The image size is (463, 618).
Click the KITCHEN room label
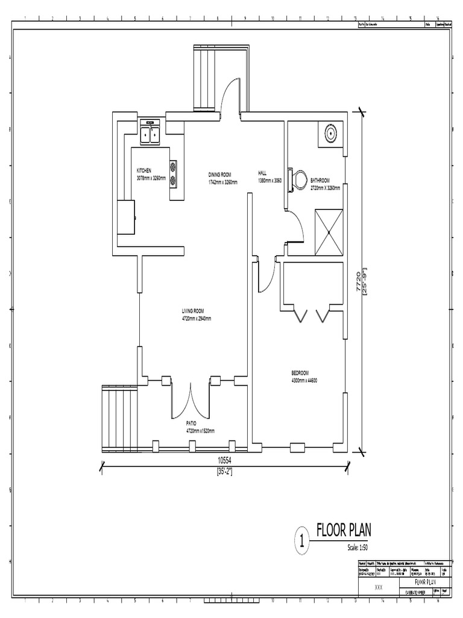143,171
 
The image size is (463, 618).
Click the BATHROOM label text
320,180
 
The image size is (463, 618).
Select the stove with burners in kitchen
174,173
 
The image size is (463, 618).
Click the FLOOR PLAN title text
344,530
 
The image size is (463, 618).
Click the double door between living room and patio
191,398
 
